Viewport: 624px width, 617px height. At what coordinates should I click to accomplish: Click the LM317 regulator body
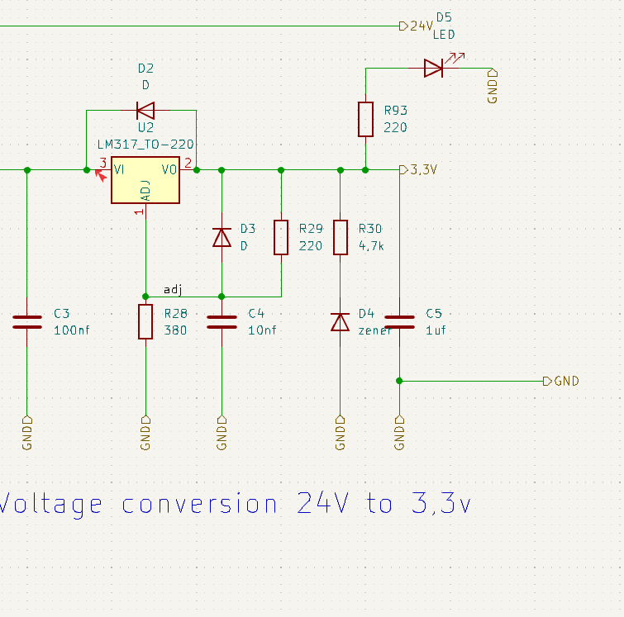pyautogui.click(x=145, y=181)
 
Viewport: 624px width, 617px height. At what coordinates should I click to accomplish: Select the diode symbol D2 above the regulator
pyautogui.click(x=145, y=110)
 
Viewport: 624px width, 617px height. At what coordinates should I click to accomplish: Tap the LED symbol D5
pyautogui.click(x=433, y=68)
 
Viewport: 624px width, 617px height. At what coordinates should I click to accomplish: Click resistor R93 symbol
pyautogui.click(x=365, y=119)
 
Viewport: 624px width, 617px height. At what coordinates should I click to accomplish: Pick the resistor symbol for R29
pyautogui.click(x=281, y=237)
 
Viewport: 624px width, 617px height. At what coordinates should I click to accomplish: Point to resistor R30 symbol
pyautogui.click(x=341, y=237)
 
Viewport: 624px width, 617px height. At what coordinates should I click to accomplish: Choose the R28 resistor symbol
pyautogui.click(x=145, y=321)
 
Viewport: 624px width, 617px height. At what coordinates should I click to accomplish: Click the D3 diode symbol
pyautogui.click(x=221, y=238)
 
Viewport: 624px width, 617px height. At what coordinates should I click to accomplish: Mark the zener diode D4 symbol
pyautogui.click(x=341, y=321)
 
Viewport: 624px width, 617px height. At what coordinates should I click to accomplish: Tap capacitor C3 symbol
pyautogui.click(x=26, y=321)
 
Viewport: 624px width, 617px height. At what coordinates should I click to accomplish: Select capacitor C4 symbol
pyautogui.click(x=221, y=321)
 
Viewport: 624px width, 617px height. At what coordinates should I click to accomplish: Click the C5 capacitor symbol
pyautogui.click(x=400, y=321)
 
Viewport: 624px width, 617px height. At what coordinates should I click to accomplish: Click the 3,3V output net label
pyautogui.click(x=422, y=170)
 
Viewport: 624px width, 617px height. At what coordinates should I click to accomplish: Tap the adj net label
pyautogui.click(x=173, y=289)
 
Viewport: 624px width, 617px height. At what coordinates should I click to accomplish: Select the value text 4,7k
pyautogui.click(x=371, y=245)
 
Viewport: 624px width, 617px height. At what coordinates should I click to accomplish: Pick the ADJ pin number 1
pyautogui.click(x=139, y=212)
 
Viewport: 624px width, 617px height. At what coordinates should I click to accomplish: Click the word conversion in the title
pyautogui.click(x=199, y=503)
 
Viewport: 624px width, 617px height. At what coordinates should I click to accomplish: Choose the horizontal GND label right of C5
pyautogui.click(x=566, y=381)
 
